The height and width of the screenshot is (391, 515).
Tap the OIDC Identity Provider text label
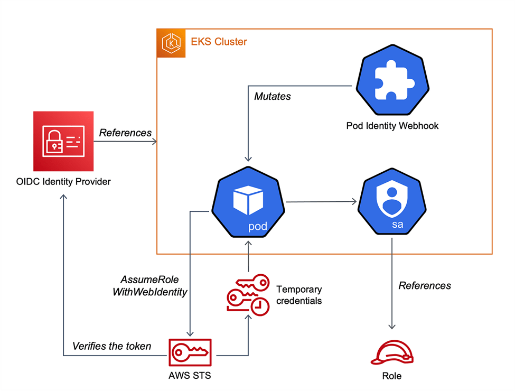pyautogui.click(x=63, y=182)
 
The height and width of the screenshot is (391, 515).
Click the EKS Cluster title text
pyautogui.click(x=219, y=42)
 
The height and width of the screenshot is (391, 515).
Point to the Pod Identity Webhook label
pyautogui.click(x=392, y=126)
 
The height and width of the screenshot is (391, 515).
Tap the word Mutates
pyautogui.click(x=272, y=97)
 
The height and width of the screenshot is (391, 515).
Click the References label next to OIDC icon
pyautogui.click(x=125, y=133)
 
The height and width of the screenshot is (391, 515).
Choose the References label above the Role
pyautogui.click(x=425, y=285)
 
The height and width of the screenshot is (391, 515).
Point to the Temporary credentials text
pyautogui.click(x=299, y=295)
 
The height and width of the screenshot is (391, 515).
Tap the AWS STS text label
pyautogui.click(x=190, y=376)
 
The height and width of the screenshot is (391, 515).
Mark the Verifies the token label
pyautogui.click(x=111, y=347)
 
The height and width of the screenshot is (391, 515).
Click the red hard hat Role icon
pyautogui.click(x=391, y=353)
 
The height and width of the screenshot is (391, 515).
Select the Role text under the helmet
pyautogui.click(x=391, y=376)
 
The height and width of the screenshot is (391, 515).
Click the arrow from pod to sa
pyautogui.click(x=320, y=201)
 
